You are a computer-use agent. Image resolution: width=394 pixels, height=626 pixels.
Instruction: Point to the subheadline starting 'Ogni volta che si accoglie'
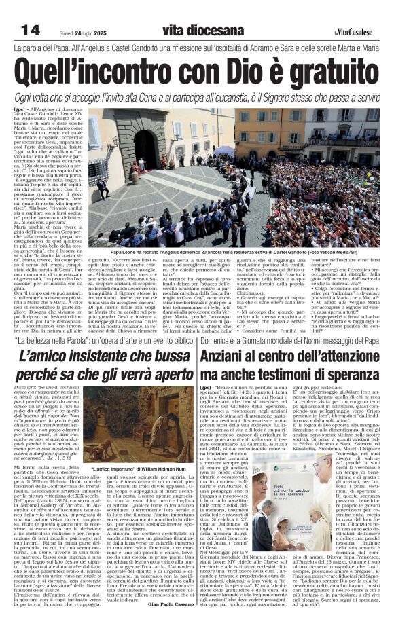[197, 98]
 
